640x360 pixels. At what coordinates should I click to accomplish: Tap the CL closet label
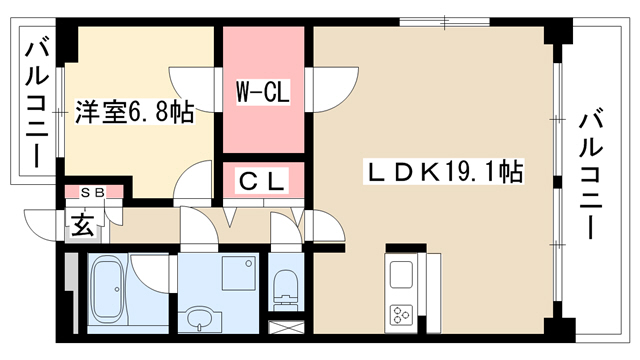click(262, 180)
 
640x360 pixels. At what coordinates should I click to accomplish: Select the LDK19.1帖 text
click(444, 172)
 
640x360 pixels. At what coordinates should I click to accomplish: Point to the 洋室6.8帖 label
click(134, 112)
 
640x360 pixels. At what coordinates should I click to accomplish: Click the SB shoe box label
click(93, 192)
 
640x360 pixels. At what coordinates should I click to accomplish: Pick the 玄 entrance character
click(83, 224)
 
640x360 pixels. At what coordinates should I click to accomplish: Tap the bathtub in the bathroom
click(109, 289)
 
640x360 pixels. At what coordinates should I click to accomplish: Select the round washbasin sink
click(200, 318)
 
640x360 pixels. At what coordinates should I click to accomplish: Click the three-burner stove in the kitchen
click(402, 315)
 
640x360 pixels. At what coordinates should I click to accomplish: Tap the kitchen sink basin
click(402, 275)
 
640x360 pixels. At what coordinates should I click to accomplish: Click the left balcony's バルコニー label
click(38, 102)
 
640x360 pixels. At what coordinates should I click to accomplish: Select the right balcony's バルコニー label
click(591, 175)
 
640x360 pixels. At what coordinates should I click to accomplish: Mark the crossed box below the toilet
click(287, 327)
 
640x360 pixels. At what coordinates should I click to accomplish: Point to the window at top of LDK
click(444, 22)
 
